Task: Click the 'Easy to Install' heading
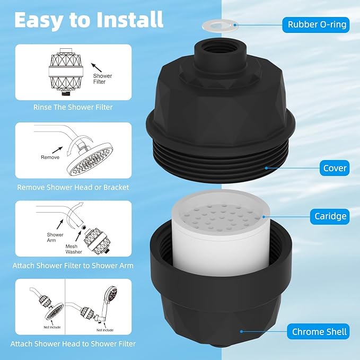click(89, 20)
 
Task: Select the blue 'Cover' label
click(335, 169)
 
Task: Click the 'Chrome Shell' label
click(319, 332)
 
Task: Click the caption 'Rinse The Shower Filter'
click(73, 107)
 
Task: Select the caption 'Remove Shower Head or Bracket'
click(73, 187)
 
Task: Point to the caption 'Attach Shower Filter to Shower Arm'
click(73, 265)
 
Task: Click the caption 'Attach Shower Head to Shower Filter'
click(73, 344)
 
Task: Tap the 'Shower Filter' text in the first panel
click(102, 79)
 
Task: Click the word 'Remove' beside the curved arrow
click(50, 157)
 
